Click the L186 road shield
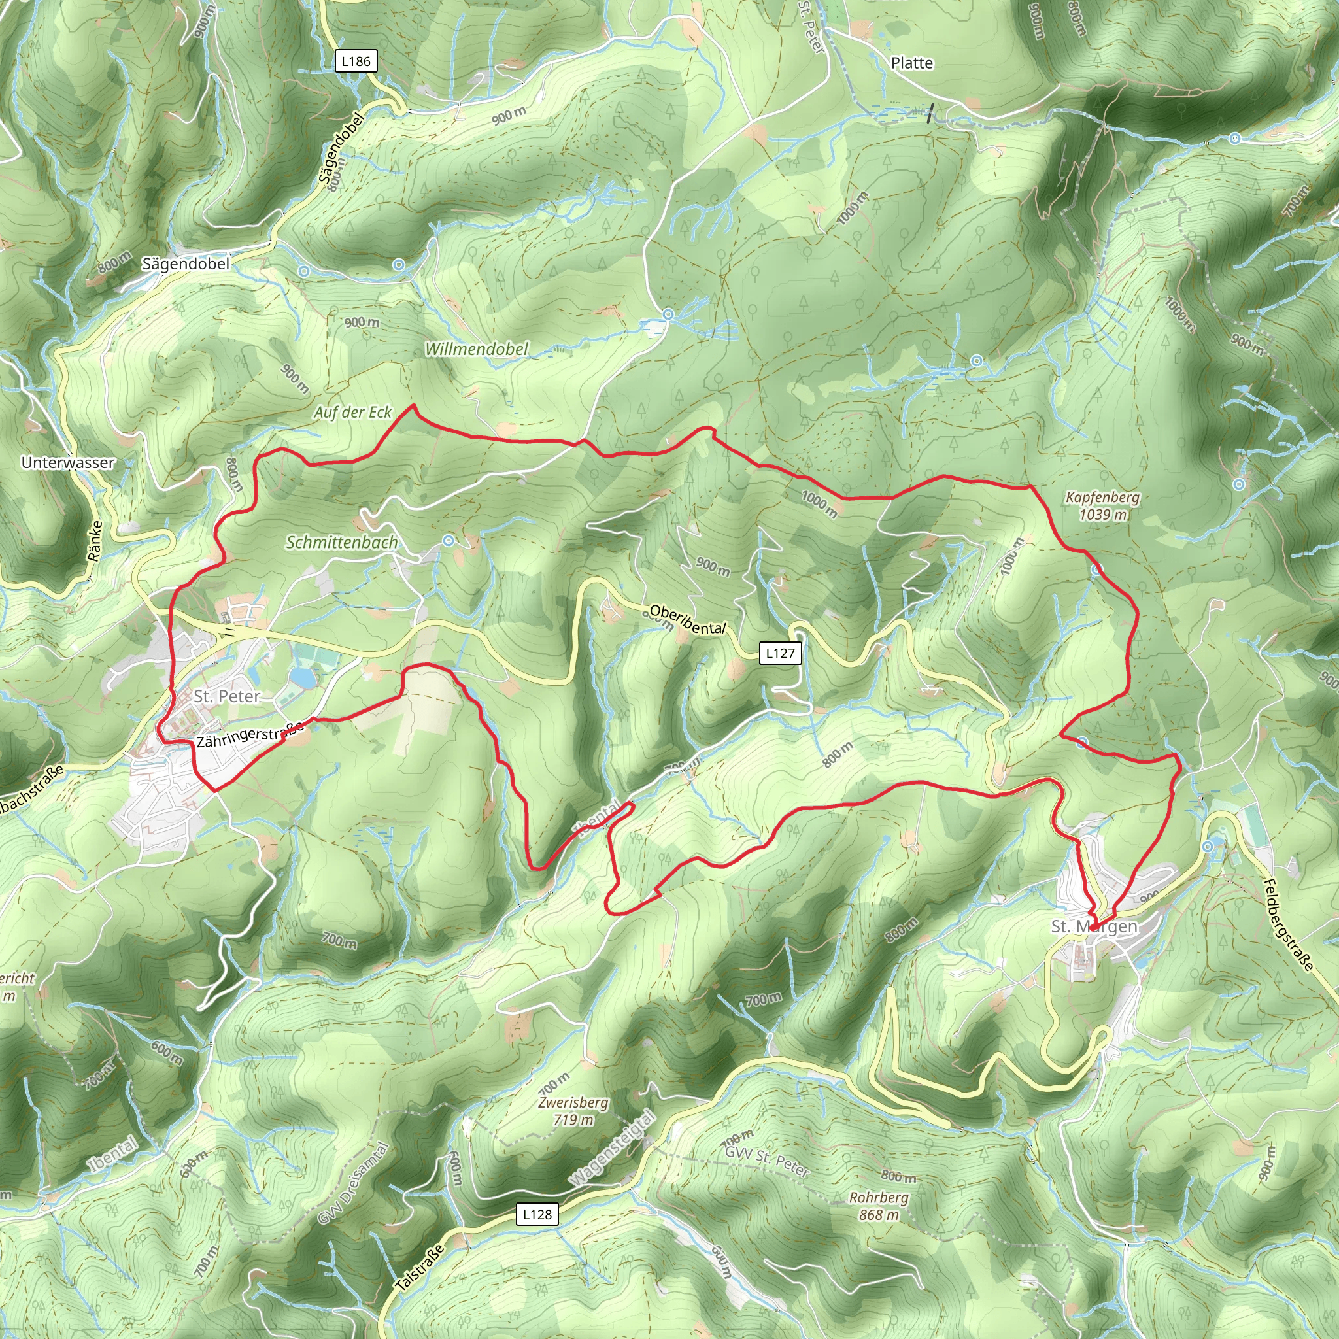click(356, 61)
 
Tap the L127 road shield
click(781, 653)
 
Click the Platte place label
click(911, 63)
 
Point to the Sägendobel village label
click(185, 264)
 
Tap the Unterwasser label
click(68, 462)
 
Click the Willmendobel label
click(476, 348)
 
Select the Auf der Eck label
click(352, 413)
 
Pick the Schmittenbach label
click(342, 542)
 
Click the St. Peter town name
click(227, 696)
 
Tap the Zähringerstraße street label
click(250, 735)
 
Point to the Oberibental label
click(688, 620)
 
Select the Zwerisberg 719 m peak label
click(573, 1110)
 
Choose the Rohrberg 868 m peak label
click(879, 1206)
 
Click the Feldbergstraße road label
click(1288, 924)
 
